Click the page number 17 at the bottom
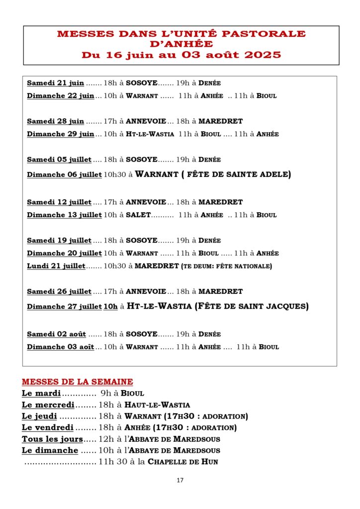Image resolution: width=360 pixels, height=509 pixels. pyautogui.click(x=180, y=480)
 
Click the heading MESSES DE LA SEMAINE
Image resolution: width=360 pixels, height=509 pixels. pyautogui.click(x=77, y=382)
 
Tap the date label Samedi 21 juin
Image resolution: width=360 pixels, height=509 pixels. pyautogui.click(x=55, y=83)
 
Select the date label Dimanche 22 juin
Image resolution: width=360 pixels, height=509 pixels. pyautogui.click(x=60, y=95)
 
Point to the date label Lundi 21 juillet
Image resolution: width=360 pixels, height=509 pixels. pyautogui.click(x=56, y=266)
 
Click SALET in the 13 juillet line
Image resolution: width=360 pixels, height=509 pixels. pyautogui.click(x=138, y=215)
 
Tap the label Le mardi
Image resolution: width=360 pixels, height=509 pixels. pyautogui.click(x=41, y=393)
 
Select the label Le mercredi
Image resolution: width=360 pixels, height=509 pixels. pyautogui.click(x=48, y=405)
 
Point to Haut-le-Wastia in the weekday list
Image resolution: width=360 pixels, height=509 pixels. pyautogui.click(x=157, y=405)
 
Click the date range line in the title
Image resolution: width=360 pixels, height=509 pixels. pyautogui.click(x=181, y=55)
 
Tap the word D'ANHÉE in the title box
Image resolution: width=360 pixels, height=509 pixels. pyautogui.click(x=181, y=44)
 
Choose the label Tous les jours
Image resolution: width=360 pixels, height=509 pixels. pyautogui.click(x=52, y=439)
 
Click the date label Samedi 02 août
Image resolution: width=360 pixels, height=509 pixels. pyautogui.click(x=56, y=334)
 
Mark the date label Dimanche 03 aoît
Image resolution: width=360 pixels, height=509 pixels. pyautogui.click(x=60, y=347)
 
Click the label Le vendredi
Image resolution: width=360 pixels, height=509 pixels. pyautogui.click(x=48, y=427)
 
